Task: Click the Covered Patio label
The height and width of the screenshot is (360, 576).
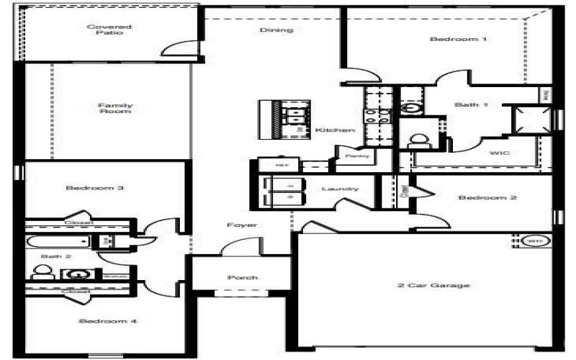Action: click(105, 30)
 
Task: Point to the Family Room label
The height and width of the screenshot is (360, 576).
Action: click(115, 109)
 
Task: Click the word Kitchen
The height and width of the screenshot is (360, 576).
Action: click(335, 130)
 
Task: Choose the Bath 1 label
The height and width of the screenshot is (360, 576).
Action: click(472, 105)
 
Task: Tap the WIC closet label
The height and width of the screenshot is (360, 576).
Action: click(500, 153)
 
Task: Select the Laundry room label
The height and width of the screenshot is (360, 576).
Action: click(340, 189)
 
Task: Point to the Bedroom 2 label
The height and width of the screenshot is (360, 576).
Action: click(487, 198)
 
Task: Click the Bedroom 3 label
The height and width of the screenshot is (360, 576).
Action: click(95, 189)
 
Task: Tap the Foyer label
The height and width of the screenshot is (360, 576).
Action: click(242, 225)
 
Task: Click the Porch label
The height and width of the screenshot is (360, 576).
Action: click(242, 278)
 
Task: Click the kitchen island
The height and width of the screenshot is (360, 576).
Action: click(286, 118)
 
